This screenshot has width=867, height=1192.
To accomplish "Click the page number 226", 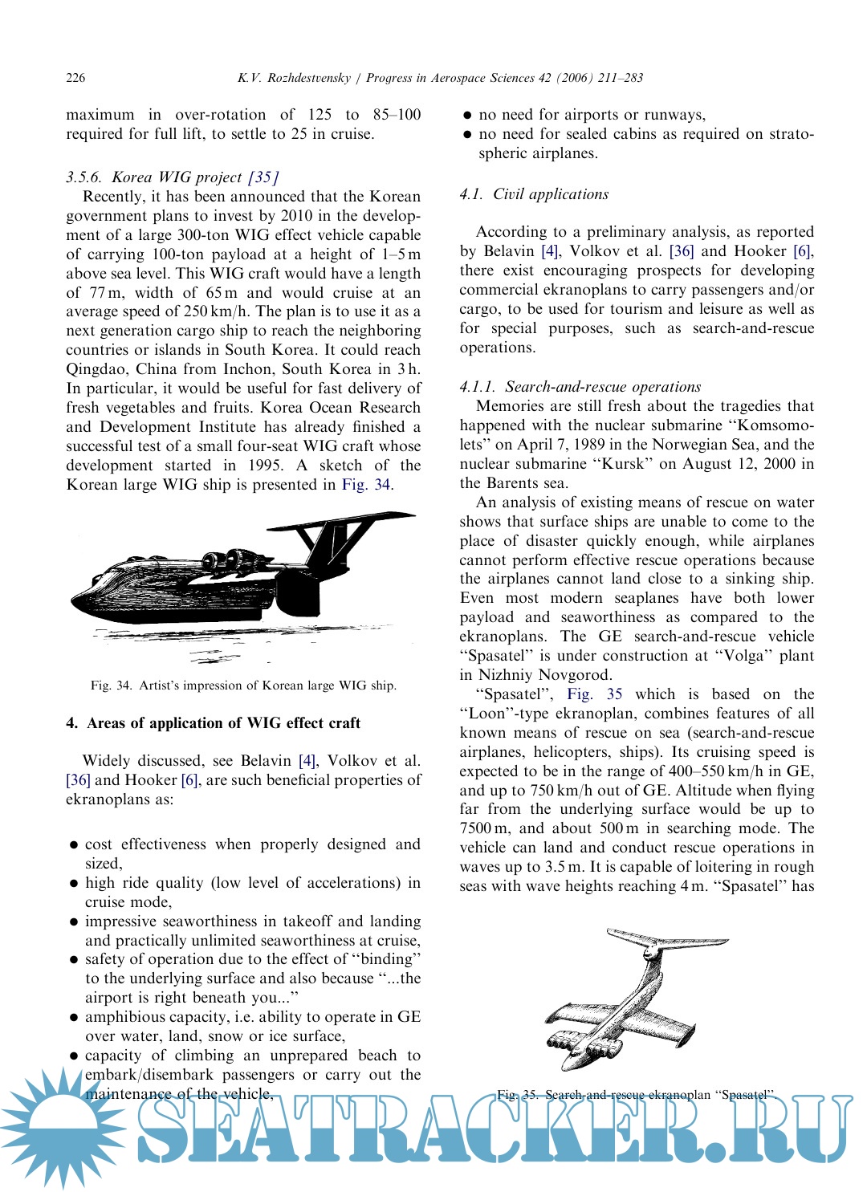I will [75, 78].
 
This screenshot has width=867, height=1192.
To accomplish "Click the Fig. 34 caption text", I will [243, 686].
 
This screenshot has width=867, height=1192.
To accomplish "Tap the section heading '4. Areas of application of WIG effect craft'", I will [213, 722].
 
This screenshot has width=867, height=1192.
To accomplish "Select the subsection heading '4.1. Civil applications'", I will [534, 194].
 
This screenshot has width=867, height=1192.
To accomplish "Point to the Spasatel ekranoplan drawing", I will [630, 995].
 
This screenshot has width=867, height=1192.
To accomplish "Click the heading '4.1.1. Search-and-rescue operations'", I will [580, 387].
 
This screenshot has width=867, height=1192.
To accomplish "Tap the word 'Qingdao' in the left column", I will [97, 369].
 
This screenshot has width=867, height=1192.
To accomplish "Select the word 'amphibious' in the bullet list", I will [125, 1017].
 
